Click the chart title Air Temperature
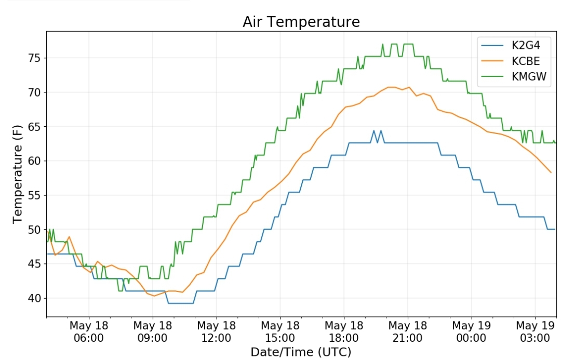pyautogui.click(x=301, y=22)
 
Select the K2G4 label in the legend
pyautogui.click(x=526, y=45)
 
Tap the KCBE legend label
pyautogui.click(x=526, y=61)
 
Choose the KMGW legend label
pyautogui.click(x=529, y=76)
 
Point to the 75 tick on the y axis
pyautogui.click(x=34, y=58)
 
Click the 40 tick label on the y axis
pyautogui.click(x=34, y=298)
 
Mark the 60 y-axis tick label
pyautogui.click(x=34, y=161)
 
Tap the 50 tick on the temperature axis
pyautogui.click(x=34, y=230)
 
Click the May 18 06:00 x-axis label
pyautogui.click(x=89, y=332)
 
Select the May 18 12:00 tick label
pyautogui.click(x=217, y=332)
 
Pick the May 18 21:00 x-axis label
pyautogui.click(x=408, y=332)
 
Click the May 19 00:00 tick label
pyautogui.click(x=472, y=332)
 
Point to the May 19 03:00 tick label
pyautogui.click(x=535, y=332)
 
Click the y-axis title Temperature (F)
pyautogui.click(x=17, y=174)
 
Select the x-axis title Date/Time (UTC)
pyautogui.click(x=301, y=352)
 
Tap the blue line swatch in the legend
pyautogui.click(x=492, y=45)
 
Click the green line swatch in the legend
pyautogui.click(x=492, y=76)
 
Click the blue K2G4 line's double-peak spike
pyautogui.click(x=378, y=136)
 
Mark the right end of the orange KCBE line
pyautogui.click(x=551, y=172)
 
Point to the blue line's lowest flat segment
pyautogui.click(x=181, y=303)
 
